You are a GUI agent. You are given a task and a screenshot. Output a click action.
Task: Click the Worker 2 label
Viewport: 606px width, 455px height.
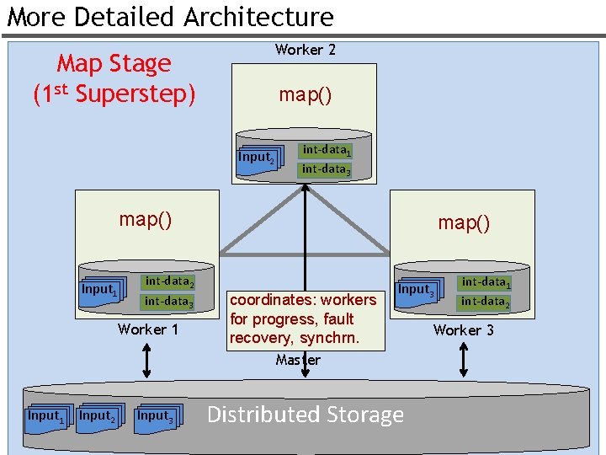305,50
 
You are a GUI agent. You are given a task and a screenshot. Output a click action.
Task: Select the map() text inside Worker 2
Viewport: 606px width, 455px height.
305,94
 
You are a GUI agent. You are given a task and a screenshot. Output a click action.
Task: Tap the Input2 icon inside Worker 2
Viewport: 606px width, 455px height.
256,158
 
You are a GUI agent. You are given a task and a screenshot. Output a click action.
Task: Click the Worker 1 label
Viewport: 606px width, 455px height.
148,329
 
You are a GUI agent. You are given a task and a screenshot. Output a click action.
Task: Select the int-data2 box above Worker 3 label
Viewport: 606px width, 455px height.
485,302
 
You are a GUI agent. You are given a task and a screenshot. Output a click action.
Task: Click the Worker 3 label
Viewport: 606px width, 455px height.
463,330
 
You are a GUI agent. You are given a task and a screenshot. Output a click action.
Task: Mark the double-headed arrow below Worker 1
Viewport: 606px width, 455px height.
147,361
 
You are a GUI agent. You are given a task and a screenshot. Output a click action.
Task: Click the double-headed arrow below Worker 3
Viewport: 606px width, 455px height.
464,361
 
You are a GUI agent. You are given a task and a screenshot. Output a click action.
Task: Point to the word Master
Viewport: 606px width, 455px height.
298,360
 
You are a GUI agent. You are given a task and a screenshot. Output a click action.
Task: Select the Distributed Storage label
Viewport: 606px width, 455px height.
305,415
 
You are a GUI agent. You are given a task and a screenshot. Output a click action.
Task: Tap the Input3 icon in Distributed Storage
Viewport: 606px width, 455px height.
157,416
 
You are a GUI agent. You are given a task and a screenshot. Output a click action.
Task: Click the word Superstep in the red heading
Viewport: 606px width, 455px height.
135,94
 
